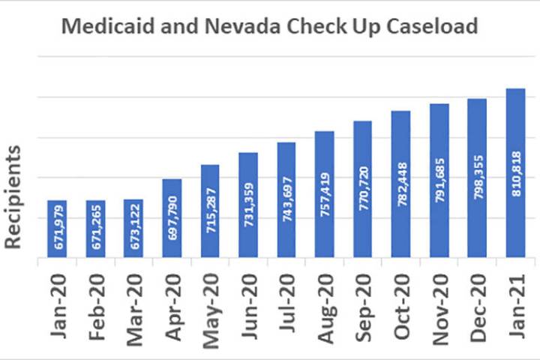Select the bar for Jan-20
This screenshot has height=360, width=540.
(57, 229)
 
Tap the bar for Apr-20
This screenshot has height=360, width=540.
(172, 217)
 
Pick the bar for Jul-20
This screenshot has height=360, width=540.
(286, 199)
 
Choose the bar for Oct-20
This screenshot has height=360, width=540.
(401, 184)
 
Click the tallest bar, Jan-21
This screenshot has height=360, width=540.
(516, 172)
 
